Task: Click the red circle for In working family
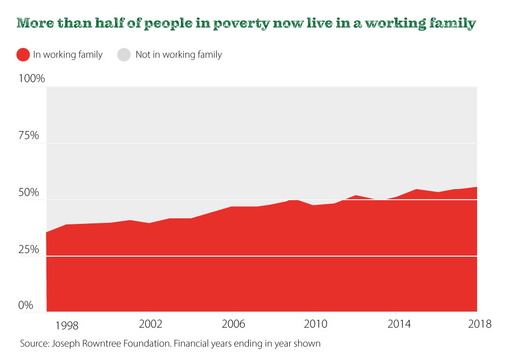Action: click(23, 54)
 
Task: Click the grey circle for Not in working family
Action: click(124, 54)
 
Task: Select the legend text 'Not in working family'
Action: click(178, 54)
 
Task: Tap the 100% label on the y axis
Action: click(32, 79)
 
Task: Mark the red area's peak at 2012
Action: click(355, 196)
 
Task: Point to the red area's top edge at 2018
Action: click(476, 187)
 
